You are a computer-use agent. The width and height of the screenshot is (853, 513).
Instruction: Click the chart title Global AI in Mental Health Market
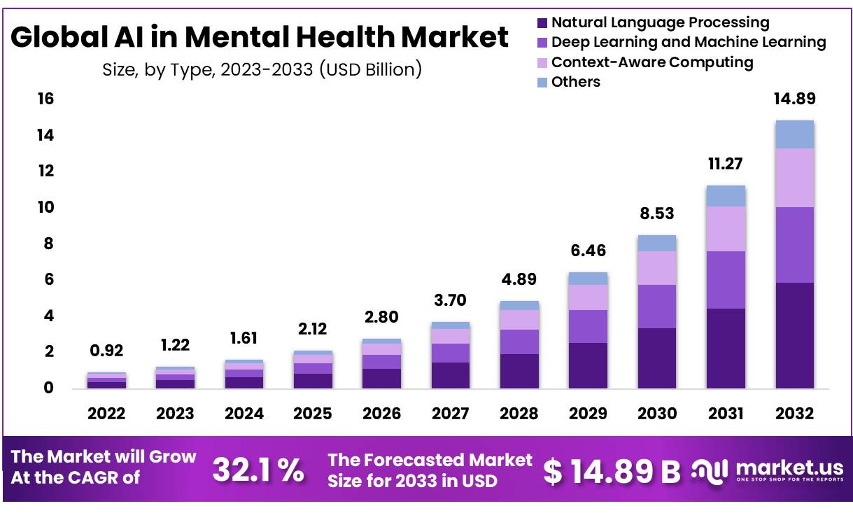pos(260,38)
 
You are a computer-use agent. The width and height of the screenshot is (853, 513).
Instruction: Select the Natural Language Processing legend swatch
pos(542,23)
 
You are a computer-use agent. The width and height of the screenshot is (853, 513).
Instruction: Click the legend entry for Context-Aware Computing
pos(651,62)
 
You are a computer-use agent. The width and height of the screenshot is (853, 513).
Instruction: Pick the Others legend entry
pos(575,82)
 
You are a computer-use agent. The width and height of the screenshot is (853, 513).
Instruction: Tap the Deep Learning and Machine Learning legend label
pos(689,43)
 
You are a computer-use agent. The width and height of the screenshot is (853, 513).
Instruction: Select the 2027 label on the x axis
pos(449,414)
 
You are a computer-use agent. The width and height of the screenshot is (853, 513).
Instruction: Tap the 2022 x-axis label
pos(106,414)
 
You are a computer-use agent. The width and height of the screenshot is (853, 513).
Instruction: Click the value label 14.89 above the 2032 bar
pos(794,99)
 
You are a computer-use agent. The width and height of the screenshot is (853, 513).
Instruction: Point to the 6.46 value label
pos(587,251)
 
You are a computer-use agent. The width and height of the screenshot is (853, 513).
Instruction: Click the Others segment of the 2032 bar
pos(794,134)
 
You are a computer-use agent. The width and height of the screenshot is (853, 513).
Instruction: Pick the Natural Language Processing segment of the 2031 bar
pos(726,349)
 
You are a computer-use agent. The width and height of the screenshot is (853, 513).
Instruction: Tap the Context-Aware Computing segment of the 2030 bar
pos(656,267)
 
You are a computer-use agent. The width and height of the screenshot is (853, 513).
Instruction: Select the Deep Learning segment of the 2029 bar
pos(588,326)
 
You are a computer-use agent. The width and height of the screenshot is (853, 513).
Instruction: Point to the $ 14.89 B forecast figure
pos(612,472)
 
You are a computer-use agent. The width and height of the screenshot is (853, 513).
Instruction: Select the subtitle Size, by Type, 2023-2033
pos(262,70)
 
